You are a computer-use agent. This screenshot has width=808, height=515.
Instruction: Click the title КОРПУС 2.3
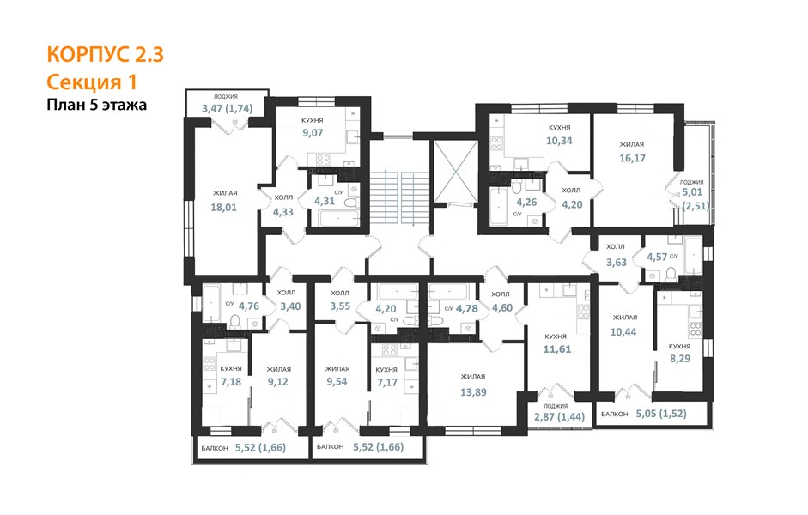pos(105,55)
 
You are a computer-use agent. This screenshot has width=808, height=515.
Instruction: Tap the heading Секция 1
pos(92,82)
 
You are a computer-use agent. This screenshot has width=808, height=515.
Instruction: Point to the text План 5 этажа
pos(97,105)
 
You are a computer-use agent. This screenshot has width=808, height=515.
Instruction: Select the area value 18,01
pos(223,207)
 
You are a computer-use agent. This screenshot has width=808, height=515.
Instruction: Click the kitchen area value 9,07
pos(313,133)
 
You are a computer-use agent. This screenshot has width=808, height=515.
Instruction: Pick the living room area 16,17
pos(632,158)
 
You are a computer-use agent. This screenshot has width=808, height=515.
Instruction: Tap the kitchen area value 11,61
pos(557,349)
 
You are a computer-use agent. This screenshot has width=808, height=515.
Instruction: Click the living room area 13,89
pos(473,392)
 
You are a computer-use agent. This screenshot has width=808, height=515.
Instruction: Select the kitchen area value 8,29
pos(680,359)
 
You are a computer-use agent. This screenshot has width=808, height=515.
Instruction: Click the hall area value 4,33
pos(282,212)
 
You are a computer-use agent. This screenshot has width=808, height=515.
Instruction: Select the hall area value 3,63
pos(617,262)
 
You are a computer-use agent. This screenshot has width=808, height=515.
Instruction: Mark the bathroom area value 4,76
pos(249,306)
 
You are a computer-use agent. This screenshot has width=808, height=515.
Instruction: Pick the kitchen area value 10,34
pos(559,141)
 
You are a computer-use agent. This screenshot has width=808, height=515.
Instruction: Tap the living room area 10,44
pos(623,332)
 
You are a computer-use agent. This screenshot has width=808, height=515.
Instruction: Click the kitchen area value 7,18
pos(231,382)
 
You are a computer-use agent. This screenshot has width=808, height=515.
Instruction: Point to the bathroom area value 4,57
pos(657,257)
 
